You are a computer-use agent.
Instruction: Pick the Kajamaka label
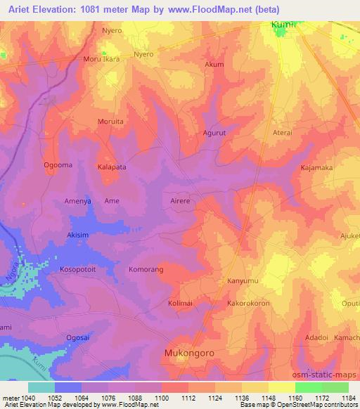pyautogui.click(x=316, y=169)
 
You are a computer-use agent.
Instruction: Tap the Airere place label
pyautogui.click(x=181, y=201)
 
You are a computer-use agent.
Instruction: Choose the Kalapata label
pyautogui.click(x=112, y=167)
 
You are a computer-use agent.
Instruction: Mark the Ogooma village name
pyautogui.click(x=58, y=166)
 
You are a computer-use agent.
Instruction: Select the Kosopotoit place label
pyautogui.click(x=82, y=270)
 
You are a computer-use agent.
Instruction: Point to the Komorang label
pyautogui.click(x=146, y=270)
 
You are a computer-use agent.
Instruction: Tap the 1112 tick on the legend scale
pyautogui.click(x=188, y=398)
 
